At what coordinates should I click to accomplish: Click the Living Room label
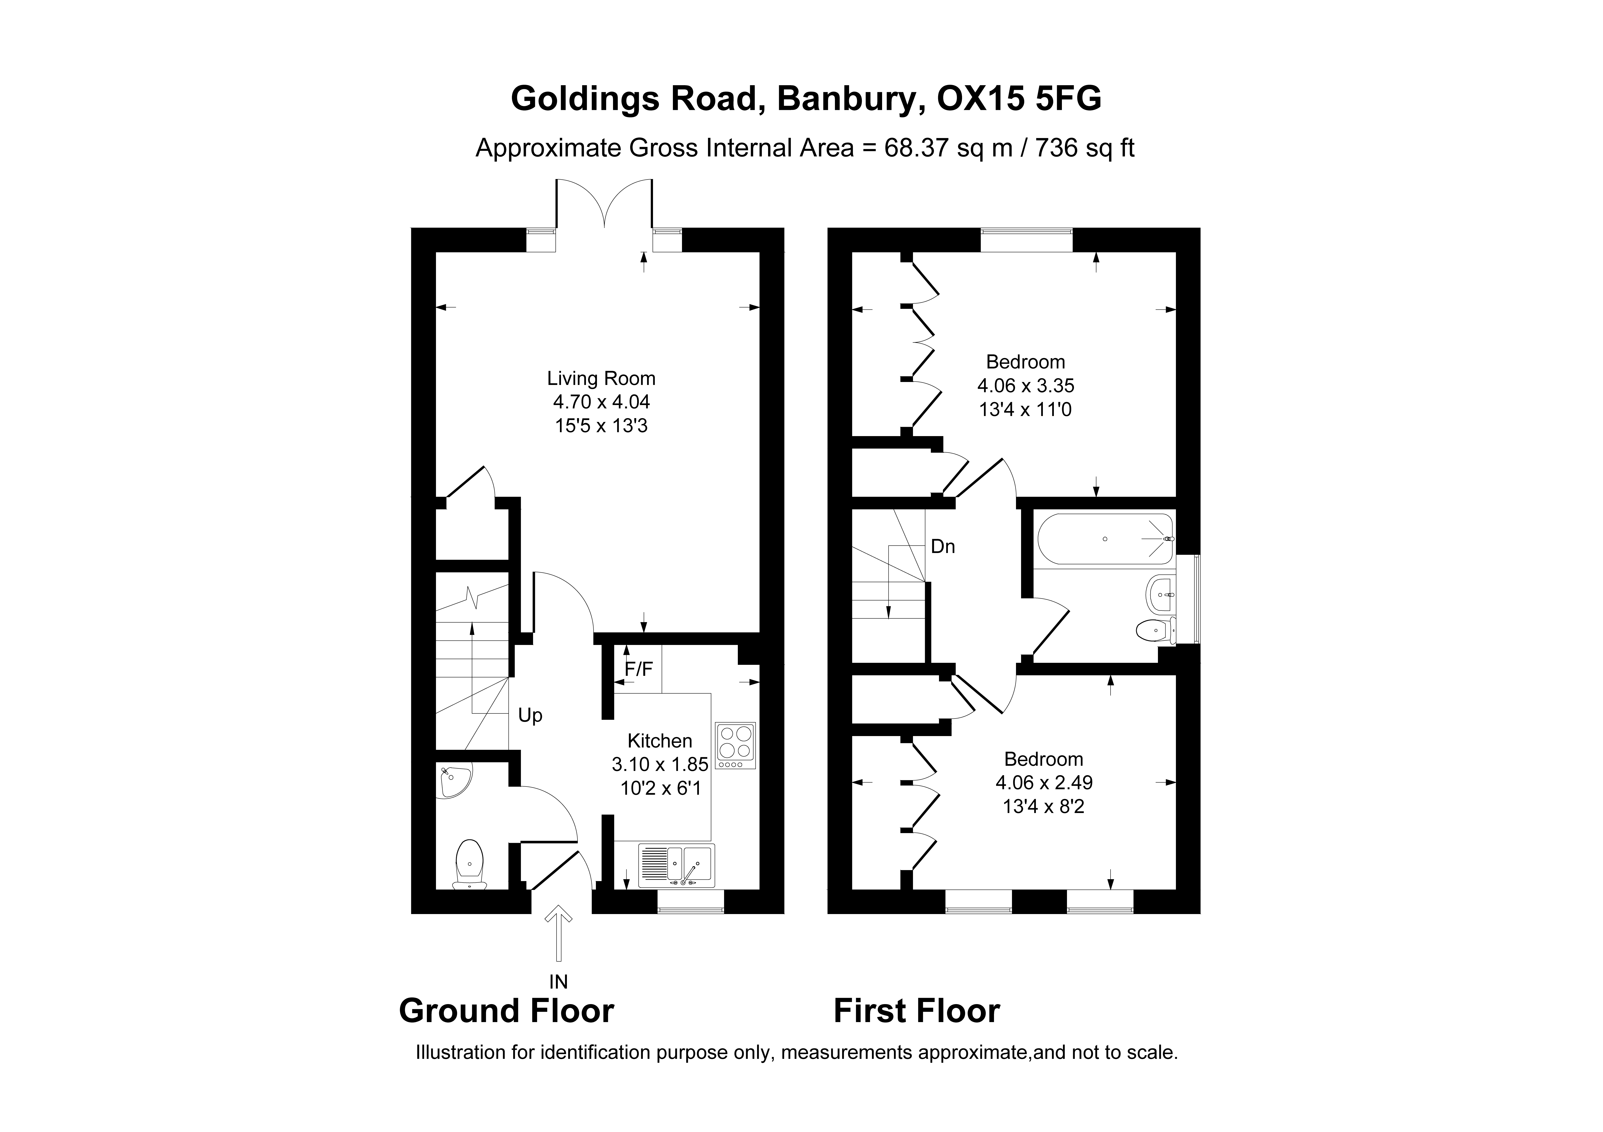[601, 378]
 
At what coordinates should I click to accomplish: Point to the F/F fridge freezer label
[638, 669]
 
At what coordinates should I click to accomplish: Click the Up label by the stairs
[530, 715]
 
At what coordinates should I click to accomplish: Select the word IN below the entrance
[558, 982]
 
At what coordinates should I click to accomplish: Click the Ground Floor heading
[506, 1011]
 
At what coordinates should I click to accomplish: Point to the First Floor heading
[917, 1011]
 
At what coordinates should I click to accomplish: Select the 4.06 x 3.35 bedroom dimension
[1026, 385]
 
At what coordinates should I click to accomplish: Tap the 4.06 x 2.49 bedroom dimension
[1044, 782]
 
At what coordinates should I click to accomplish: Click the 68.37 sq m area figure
[948, 148]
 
